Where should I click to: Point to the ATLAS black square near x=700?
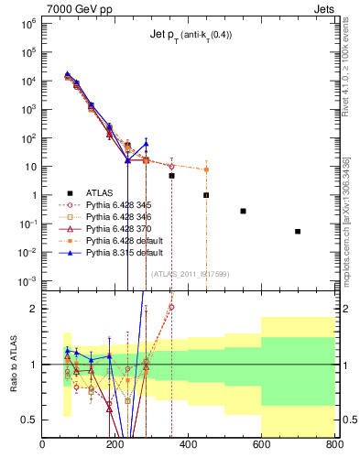click(298, 232)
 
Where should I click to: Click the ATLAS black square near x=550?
click(243, 211)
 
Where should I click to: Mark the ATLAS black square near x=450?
click(206, 195)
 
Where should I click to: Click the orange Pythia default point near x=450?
click(206, 169)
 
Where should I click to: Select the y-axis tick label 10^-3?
click(27, 280)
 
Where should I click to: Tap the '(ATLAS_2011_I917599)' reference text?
click(190, 273)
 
